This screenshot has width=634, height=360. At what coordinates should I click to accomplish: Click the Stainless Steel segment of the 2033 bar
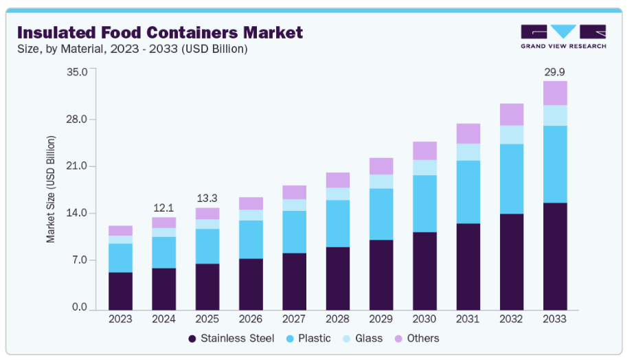click(555, 256)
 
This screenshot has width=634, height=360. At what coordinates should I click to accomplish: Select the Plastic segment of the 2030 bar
click(424, 203)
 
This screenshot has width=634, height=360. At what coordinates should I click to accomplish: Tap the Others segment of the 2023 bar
click(120, 231)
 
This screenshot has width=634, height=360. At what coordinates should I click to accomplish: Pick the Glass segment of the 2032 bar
click(512, 135)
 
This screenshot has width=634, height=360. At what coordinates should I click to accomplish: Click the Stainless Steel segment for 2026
click(251, 284)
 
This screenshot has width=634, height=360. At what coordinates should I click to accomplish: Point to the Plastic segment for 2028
click(338, 223)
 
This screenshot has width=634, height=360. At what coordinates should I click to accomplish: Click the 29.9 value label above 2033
click(555, 71)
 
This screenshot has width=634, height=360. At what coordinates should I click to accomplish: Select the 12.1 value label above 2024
click(163, 207)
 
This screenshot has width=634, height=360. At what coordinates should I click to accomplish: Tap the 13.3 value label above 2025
click(207, 199)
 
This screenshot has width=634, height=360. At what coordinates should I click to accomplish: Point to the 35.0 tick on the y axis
click(77, 71)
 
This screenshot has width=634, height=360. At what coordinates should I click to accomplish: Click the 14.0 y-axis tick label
click(77, 213)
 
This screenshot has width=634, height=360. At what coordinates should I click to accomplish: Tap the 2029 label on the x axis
click(381, 319)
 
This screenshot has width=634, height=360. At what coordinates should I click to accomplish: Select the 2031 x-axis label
click(468, 319)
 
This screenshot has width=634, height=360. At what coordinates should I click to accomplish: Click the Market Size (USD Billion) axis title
click(51, 190)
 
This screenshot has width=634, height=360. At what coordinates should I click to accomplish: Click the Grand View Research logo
click(563, 36)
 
